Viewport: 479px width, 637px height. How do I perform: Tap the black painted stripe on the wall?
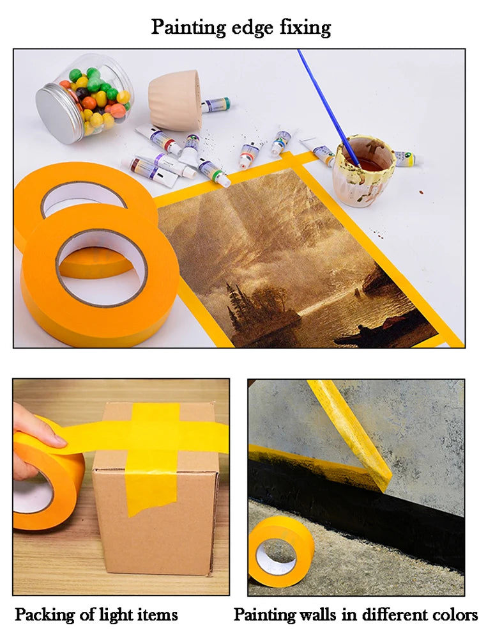[358, 505]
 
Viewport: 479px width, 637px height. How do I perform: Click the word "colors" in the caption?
[453, 615]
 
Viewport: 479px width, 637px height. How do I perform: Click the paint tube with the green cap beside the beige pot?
[215, 105]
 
